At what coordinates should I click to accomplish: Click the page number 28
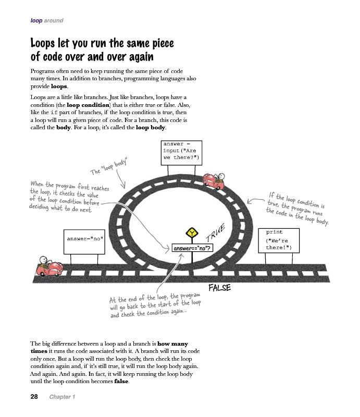(34, 397)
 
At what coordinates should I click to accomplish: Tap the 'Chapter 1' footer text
(62, 397)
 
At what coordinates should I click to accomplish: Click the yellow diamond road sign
(192, 232)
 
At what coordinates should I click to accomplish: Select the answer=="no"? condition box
(192, 248)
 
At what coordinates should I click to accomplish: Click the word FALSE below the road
(219, 287)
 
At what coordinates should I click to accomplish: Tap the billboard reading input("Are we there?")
(181, 151)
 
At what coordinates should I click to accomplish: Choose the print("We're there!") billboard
(279, 240)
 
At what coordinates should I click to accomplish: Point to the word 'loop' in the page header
(36, 21)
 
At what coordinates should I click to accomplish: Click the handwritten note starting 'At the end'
(155, 306)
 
